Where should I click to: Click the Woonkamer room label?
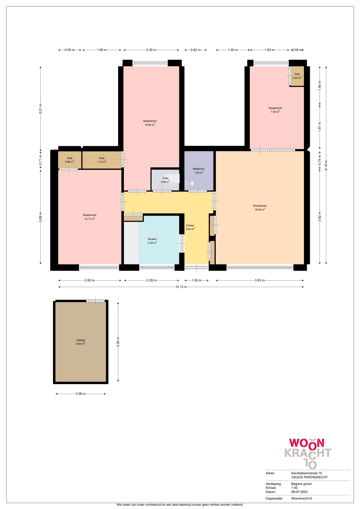(x=260, y=206)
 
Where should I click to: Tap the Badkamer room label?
(x=199, y=169)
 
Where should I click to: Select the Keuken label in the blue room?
(x=152, y=239)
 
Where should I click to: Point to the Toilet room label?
(x=165, y=178)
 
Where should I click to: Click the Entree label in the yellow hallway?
(x=190, y=225)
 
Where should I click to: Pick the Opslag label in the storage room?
(x=81, y=340)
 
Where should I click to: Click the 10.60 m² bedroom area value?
(x=150, y=125)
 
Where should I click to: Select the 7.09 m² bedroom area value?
(x=275, y=112)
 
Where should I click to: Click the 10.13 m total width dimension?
(x=181, y=287)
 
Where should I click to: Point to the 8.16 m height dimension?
(x=326, y=165)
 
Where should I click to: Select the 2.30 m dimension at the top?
(x=151, y=50)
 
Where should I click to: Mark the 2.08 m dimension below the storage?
(x=81, y=394)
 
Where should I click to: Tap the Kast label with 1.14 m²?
(x=102, y=158)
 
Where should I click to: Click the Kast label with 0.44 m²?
(x=297, y=74)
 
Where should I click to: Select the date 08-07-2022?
(x=300, y=492)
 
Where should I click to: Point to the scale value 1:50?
(x=294, y=488)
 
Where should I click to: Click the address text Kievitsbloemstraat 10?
(x=306, y=473)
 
